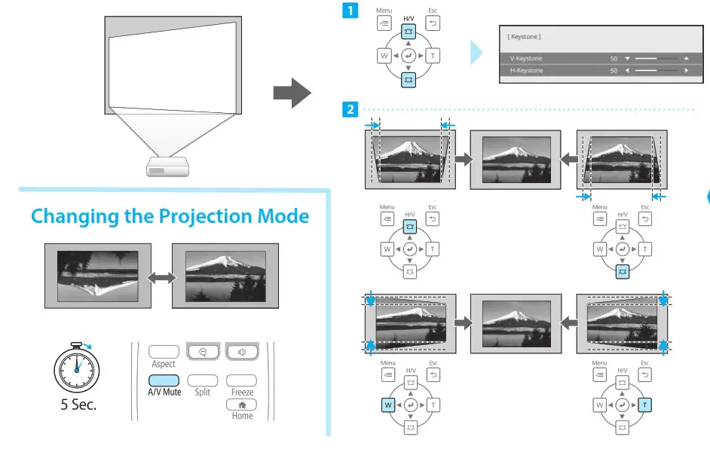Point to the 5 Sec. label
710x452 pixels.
point(78,404)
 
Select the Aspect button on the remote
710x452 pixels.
point(164,352)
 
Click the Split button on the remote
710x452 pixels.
point(202,381)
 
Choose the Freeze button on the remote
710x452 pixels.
point(242,381)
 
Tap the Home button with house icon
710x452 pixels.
point(242,405)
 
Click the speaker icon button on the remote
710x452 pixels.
point(242,352)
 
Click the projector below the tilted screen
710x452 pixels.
point(168,166)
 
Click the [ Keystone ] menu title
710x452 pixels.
point(525,37)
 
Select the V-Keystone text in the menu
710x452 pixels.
point(525,58)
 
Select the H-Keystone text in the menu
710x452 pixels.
point(525,70)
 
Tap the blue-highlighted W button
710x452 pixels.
point(388,405)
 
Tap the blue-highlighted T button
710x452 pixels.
point(644,405)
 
